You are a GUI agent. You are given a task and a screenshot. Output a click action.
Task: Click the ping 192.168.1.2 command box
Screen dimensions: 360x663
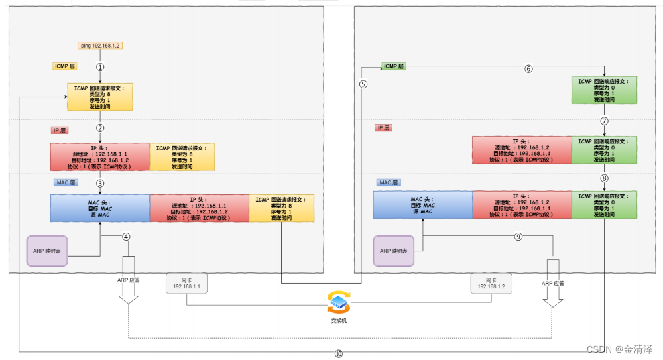100,46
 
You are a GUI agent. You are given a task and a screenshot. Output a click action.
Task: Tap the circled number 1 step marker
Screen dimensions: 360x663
100,66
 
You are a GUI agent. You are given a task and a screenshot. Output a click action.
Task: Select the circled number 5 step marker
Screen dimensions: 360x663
363,84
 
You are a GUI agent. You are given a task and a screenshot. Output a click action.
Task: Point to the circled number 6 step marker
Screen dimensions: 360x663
528,68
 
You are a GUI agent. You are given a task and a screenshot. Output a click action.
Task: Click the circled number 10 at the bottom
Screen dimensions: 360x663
339,354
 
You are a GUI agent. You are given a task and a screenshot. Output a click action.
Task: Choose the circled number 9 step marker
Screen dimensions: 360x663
518,235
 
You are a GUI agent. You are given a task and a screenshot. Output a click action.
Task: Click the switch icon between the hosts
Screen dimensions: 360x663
338,302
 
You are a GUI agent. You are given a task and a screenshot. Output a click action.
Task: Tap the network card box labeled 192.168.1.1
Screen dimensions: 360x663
186,284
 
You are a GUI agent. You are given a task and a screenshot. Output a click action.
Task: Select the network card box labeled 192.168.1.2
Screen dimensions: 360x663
491,284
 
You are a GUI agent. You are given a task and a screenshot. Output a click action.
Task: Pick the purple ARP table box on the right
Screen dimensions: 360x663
394,251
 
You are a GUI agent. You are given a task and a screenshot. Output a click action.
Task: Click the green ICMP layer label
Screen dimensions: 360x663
394,66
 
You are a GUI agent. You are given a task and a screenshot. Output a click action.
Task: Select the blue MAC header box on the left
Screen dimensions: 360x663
99,208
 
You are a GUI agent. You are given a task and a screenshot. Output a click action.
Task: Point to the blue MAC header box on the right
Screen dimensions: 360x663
422,205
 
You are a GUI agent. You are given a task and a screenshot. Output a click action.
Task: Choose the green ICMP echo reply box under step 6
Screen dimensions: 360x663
604,90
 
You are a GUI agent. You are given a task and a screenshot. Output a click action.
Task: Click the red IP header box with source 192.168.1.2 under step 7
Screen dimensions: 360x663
522,150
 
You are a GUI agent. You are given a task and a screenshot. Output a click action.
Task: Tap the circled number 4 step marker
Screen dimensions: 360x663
126,236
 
